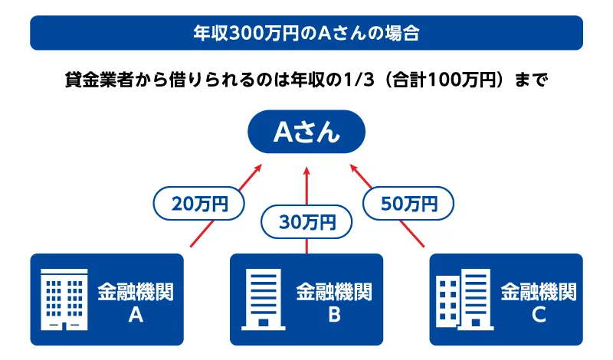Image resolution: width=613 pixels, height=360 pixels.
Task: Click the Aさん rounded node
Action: coord(306,133)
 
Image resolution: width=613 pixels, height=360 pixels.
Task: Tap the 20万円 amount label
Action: coord(199,205)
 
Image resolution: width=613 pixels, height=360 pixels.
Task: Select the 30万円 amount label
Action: coord(306,223)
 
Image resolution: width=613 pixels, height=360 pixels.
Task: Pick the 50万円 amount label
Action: coord(409,205)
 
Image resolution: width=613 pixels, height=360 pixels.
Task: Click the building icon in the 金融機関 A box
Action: coord(64,299)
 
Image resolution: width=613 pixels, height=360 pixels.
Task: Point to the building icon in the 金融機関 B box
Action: coord(262,299)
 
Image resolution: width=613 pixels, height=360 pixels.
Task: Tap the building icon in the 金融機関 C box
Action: coord(461,299)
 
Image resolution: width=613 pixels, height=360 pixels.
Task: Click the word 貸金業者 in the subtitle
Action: coord(94,78)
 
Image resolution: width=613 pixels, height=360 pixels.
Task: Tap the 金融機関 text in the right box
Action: coord(538,291)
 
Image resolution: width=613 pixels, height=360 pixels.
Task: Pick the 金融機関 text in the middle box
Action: coord(334,291)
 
